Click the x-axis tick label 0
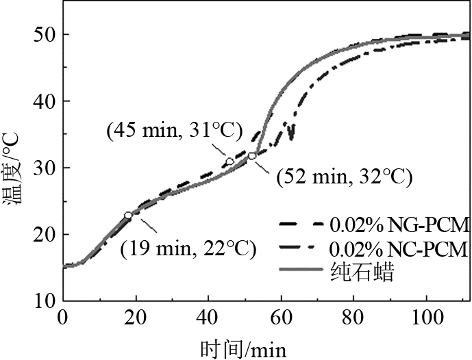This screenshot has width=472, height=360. pos(63,319)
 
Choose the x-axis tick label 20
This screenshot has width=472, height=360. pos(136,319)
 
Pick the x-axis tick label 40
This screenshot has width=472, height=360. pos(208,319)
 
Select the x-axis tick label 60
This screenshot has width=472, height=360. pos(281,319)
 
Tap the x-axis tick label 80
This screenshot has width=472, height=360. pos(353,319)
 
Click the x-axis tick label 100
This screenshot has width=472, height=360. pos(426,319)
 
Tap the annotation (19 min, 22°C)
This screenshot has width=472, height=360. pos(188,248)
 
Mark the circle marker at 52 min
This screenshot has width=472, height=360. pos(252,156)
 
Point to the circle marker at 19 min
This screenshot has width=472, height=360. pos(128,216)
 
